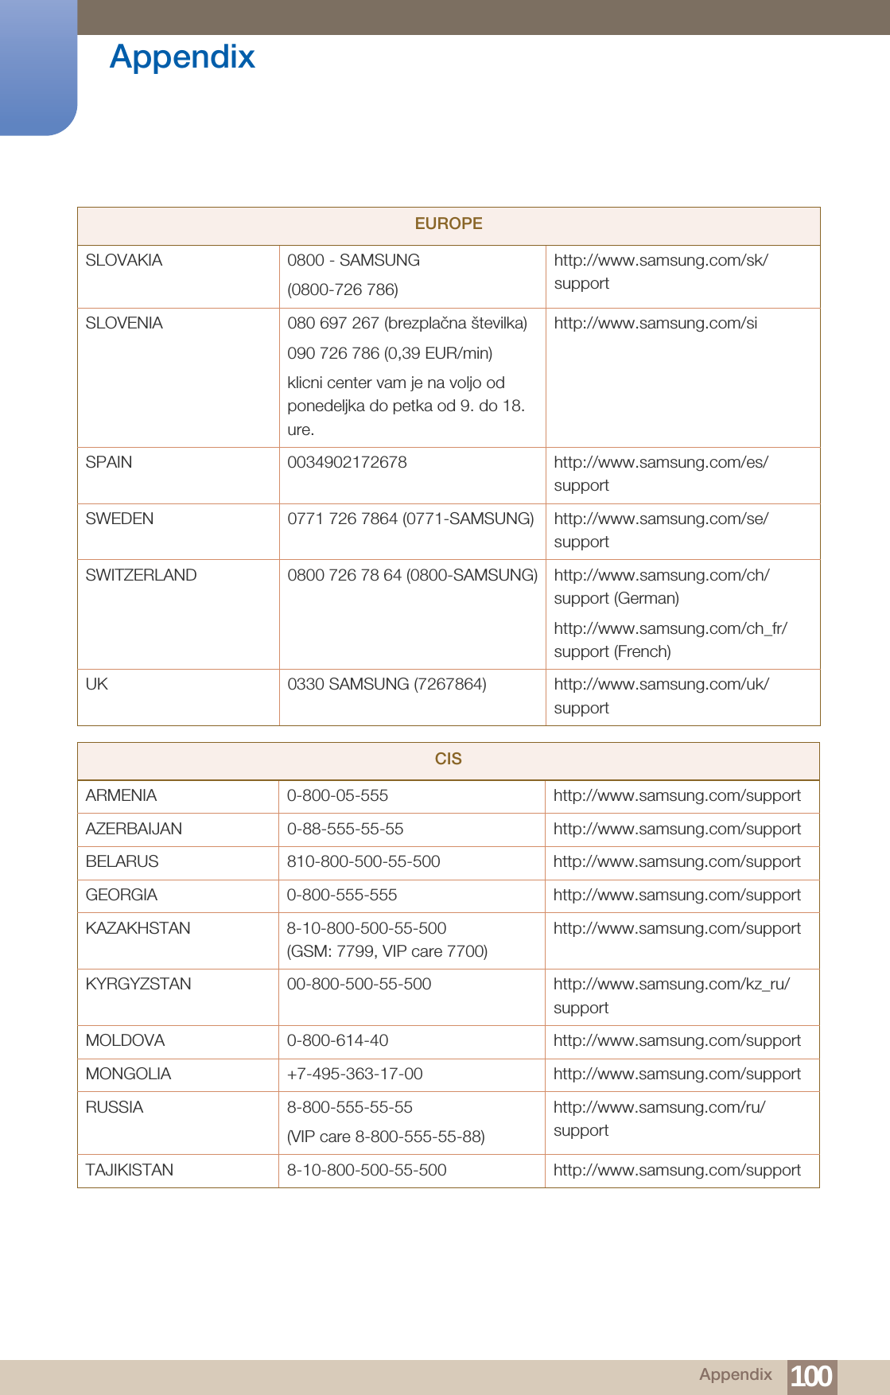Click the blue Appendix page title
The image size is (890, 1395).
click(x=182, y=57)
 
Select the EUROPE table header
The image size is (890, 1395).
click(x=449, y=223)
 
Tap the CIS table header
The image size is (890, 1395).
click(x=449, y=759)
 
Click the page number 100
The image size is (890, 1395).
click(x=811, y=1376)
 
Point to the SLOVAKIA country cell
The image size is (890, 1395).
click(x=124, y=260)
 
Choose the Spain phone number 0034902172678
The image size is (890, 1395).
click(x=347, y=462)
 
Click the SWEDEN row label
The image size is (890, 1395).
click(x=119, y=519)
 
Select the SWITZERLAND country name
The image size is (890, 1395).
click(x=141, y=575)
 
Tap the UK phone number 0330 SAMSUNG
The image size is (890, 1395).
click(x=387, y=684)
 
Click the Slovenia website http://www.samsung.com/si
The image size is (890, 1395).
click(x=655, y=323)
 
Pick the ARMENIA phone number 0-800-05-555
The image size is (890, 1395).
click(x=337, y=795)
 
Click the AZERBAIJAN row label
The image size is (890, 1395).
click(x=134, y=829)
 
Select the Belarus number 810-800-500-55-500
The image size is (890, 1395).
click(x=363, y=861)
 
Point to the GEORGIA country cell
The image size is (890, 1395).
click(x=122, y=895)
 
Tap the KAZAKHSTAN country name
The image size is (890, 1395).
click(x=138, y=928)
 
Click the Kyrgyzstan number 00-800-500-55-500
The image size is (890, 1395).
click(x=359, y=984)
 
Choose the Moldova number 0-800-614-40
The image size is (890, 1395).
click(x=337, y=1040)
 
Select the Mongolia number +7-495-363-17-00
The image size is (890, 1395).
click(x=355, y=1074)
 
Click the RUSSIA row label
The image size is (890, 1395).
click(x=115, y=1107)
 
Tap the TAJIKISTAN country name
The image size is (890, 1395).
click(x=130, y=1170)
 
